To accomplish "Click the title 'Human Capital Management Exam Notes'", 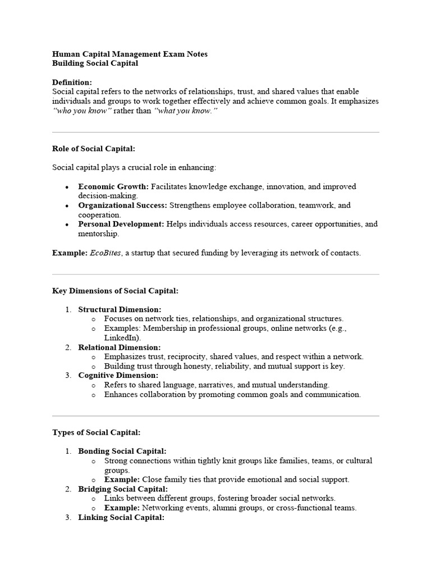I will coord(130,54).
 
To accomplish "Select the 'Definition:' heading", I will coord(72,82).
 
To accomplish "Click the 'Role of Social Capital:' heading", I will coord(94,149).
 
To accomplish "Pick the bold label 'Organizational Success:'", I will coord(123,206).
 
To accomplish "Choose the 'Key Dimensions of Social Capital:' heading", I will coord(116,291).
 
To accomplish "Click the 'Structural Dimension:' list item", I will coord(120,309).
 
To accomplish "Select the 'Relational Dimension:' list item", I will coord(119,348).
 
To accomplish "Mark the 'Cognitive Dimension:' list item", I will coord(118,375).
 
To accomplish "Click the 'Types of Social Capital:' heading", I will coord(96,432).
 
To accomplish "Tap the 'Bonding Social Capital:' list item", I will coord(122,451).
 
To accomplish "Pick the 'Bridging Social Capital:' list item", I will coord(123,489).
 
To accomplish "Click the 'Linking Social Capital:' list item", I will coord(121,518).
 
